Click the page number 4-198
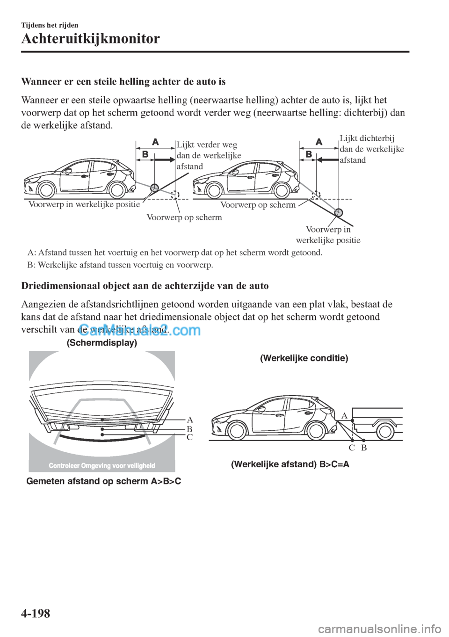(x=36, y=613)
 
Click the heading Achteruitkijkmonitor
(x=90, y=38)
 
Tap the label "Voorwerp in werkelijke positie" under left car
(x=84, y=204)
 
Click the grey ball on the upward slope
(x=154, y=188)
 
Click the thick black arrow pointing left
(x=327, y=159)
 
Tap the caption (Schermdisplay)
(x=102, y=343)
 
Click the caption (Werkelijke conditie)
(x=304, y=358)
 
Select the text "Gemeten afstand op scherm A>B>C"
(x=104, y=481)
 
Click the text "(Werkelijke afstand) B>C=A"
(x=290, y=464)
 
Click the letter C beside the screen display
(x=189, y=437)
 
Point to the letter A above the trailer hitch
(x=344, y=415)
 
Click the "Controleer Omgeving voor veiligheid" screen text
(x=101, y=465)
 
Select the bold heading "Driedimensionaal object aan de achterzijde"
(x=145, y=286)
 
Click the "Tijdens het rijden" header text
(x=50, y=25)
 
